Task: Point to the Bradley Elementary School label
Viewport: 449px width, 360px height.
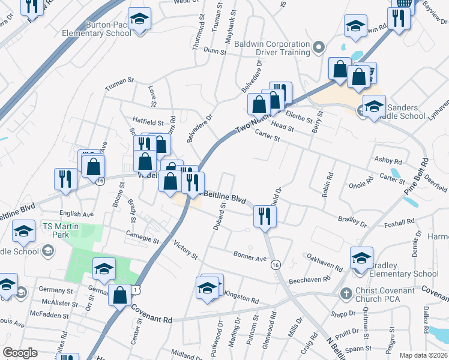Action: pos(403,269)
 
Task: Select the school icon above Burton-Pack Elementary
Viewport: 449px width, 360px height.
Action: pos(139,19)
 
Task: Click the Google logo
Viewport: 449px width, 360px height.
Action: pos(20,352)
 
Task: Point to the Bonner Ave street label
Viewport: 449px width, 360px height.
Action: pos(250,257)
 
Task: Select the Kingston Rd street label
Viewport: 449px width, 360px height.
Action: pos(241,298)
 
